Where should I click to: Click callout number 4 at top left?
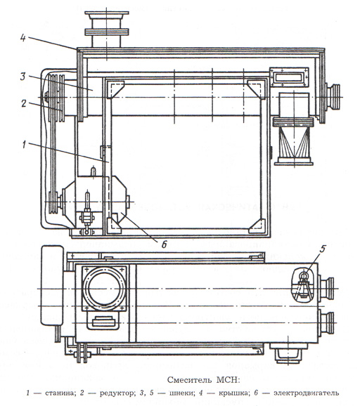coord(23,38)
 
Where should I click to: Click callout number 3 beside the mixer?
coord(23,77)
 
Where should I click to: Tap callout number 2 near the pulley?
coord(24,103)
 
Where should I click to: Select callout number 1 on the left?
coord(24,145)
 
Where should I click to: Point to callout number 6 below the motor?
coord(164,244)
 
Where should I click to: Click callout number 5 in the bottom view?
coord(322,249)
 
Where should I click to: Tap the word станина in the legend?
coord(60,393)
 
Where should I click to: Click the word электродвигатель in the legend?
coord(306,393)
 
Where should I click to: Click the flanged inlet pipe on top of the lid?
coord(106,30)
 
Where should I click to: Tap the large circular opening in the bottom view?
coord(105,289)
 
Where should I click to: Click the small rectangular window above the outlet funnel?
coord(289,77)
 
